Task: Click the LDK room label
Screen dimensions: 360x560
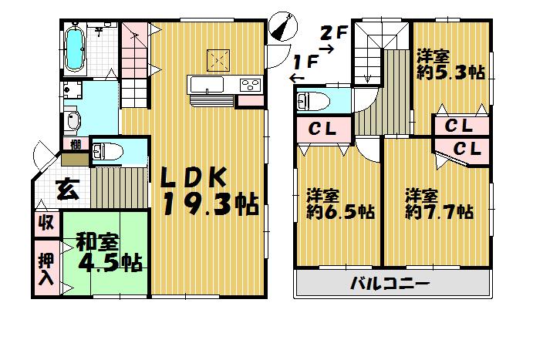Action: tap(192, 177)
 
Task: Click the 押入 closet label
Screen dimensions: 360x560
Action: tap(47, 266)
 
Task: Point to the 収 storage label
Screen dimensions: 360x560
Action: tap(46, 223)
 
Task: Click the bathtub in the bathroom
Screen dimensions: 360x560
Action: tap(76, 49)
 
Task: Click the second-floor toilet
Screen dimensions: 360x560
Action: tap(312, 102)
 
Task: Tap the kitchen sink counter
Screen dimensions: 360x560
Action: tap(207, 85)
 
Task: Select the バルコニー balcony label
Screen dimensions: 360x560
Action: tap(390, 282)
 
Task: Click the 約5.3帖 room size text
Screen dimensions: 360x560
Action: tap(450, 65)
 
